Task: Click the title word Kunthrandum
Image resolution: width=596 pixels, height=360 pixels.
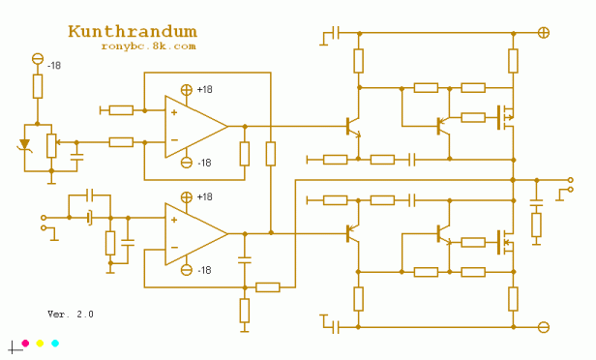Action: [x=133, y=32]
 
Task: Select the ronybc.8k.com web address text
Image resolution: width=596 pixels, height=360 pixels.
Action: [x=148, y=45]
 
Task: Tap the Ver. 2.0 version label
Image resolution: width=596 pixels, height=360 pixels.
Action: [x=71, y=315]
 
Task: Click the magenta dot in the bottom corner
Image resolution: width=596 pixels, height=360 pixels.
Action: [x=24, y=344]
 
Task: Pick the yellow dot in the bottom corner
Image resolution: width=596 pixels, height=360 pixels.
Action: [x=40, y=344]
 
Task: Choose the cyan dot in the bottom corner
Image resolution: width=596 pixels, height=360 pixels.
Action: [x=55, y=344]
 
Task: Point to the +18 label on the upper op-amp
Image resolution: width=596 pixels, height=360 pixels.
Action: [x=204, y=90]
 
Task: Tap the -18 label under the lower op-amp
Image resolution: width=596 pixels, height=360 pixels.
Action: [x=204, y=270]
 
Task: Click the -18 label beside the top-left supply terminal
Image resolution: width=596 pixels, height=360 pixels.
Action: [x=55, y=65]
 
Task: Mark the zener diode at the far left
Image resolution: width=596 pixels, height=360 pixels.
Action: [x=25, y=144]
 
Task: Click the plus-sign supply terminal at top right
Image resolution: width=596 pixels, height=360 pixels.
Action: [x=544, y=32]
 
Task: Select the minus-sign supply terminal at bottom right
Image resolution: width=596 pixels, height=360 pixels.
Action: [x=544, y=327]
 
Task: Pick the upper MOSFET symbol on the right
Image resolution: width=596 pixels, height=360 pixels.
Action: [x=503, y=117]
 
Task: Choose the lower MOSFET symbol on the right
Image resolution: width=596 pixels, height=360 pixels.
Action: [x=503, y=241]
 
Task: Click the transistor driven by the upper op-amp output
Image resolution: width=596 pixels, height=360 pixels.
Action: [x=353, y=126]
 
